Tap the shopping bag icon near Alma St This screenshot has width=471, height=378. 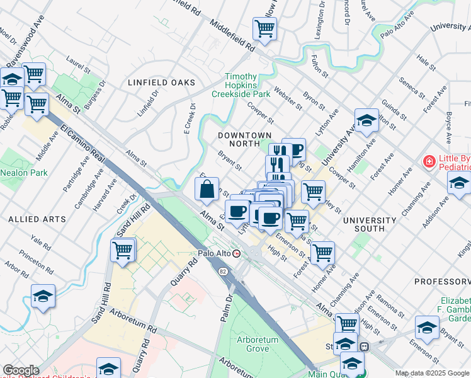click(207, 188)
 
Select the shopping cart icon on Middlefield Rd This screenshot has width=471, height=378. click(264, 28)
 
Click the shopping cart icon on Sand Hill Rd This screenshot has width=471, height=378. click(123, 250)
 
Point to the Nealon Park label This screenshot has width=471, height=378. click(25, 172)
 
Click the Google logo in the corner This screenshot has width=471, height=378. click(21, 370)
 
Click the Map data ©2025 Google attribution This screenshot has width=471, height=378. click(431, 373)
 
